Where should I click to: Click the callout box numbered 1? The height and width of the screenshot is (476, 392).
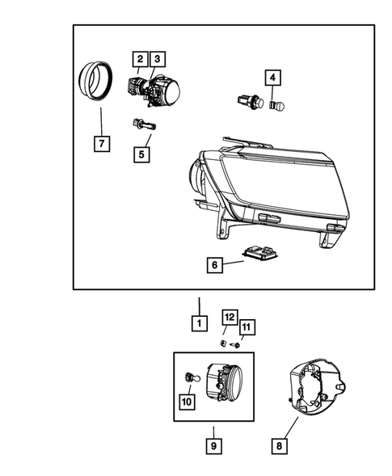[196, 322]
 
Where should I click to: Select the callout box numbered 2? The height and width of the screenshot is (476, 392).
[140, 59]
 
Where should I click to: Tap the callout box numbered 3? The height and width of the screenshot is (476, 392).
[157, 59]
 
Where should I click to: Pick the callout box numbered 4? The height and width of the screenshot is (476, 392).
[273, 78]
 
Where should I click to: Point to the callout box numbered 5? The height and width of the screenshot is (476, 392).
[143, 152]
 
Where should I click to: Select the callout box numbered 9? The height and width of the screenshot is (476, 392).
[213, 444]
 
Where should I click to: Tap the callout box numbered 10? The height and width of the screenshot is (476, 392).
[186, 399]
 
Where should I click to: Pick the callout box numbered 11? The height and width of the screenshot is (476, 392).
[247, 326]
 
